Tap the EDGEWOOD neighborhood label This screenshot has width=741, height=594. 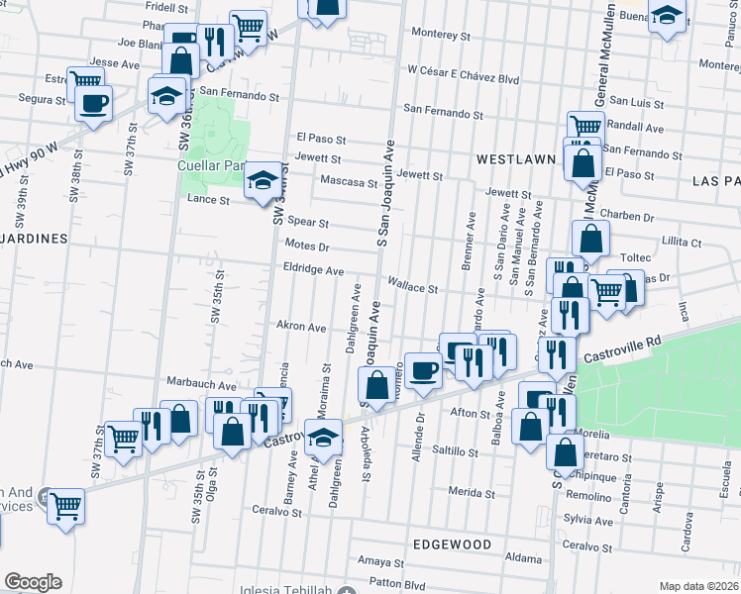click(x=449, y=544)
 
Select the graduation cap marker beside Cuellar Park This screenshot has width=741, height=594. click(x=261, y=180)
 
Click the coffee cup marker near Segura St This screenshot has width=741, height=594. click(x=94, y=103)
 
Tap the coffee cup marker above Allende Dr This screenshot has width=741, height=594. click(x=423, y=370)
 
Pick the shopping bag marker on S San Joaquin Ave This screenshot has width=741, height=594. click(x=377, y=384)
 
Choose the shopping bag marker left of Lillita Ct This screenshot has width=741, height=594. click(x=590, y=240)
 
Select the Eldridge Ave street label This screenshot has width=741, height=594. click(x=313, y=269)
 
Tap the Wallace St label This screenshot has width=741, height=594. click(x=412, y=288)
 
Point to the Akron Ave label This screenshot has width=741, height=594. click(x=301, y=327)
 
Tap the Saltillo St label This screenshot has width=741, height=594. click(x=457, y=451)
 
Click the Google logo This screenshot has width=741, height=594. click(x=33, y=582)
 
